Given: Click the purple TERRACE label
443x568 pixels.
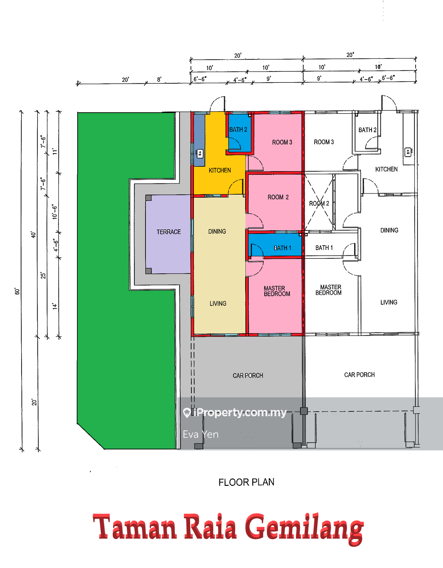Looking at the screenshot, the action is tap(169, 232).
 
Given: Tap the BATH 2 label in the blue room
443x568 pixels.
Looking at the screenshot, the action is tap(238, 130).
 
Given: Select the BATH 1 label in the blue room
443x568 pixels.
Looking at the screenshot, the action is tap(282, 248).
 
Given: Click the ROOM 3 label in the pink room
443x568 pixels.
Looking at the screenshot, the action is tap(282, 142).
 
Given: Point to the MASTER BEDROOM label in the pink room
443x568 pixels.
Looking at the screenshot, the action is tap(277, 291).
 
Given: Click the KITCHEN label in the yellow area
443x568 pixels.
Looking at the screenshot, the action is tap(220, 170).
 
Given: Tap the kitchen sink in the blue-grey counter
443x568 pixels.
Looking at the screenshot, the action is tap(200, 153).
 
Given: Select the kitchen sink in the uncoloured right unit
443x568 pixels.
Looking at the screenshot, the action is tap(408, 152).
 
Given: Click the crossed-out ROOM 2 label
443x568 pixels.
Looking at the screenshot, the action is tap(319, 203).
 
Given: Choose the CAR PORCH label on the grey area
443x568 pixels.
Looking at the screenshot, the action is tap(248, 375).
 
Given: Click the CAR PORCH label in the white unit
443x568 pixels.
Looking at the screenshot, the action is tap(359, 374).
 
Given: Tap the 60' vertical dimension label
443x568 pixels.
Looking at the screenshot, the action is tap(17, 291).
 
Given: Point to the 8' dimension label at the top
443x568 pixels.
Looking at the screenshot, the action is tap(159, 79).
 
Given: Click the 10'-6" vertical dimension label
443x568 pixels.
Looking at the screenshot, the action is tap(55, 212).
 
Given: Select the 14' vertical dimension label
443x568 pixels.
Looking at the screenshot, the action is tap(55, 306).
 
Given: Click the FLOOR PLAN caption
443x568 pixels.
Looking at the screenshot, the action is tap(246, 482).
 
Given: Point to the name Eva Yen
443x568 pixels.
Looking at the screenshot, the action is tap(201, 434).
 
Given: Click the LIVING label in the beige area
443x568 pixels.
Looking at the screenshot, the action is tap(218, 303).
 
